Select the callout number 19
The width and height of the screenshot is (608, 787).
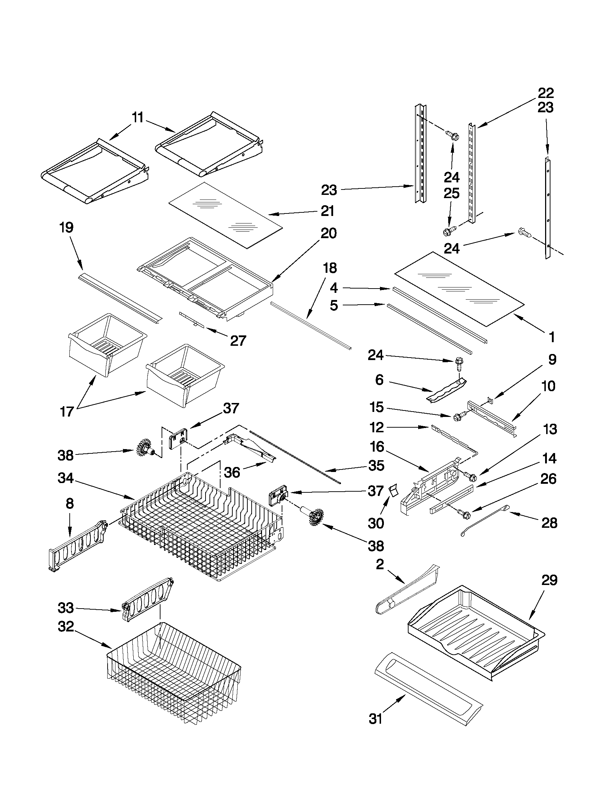[x=67, y=228]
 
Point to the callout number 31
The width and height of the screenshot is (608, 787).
[x=375, y=719]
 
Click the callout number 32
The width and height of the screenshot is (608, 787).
[x=65, y=627]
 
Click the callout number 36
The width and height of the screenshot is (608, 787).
[x=232, y=472]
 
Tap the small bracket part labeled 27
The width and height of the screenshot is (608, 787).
[x=192, y=319]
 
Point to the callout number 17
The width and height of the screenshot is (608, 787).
[x=67, y=412]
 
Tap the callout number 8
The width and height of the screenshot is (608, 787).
[x=69, y=503]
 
